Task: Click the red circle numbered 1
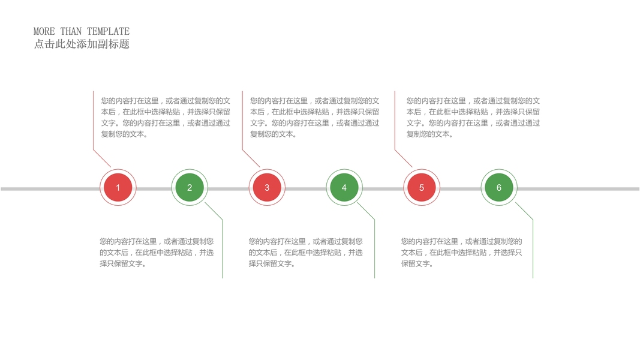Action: pyautogui.click(x=118, y=188)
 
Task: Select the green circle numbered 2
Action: pyautogui.click(x=190, y=188)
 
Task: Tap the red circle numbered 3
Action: pyautogui.click(x=267, y=188)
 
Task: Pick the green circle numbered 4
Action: pyautogui.click(x=344, y=188)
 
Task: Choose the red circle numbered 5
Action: pyautogui.click(x=422, y=188)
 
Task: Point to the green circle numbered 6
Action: pyautogui.click(x=499, y=188)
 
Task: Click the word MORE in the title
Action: pyautogui.click(x=44, y=31)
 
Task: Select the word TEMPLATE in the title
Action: pyautogui.click(x=108, y=31)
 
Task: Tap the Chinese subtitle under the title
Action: pyautogui.click(x=82, y=44)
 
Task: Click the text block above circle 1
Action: pyautogui.click(x=166, y=118)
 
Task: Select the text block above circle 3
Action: pyautogui.click(x=314, y=118)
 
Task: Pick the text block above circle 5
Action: pyautogui.click(x=473, y=118)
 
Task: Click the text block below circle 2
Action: pyautogui.click(x=156, y=253)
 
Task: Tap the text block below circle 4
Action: pyautogui.click(x=305, y=253)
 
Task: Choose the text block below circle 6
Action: pyautogui.click(x=461, y=253)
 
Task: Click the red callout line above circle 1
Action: pyautogui.click(x=94, y=126)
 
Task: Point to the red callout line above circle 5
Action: pyautogui.click(x=395, y=126)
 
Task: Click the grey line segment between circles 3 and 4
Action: pyautogui.click(x=305, y=189)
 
